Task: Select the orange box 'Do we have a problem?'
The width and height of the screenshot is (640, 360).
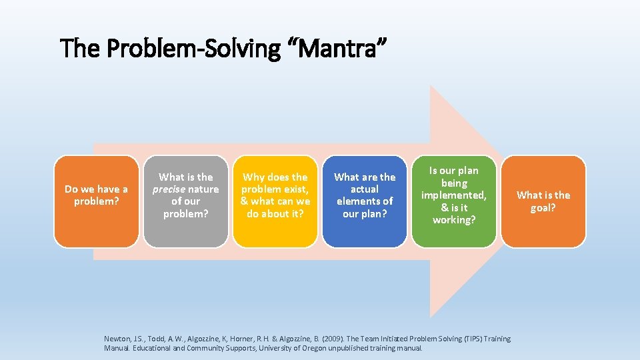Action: [96, 201]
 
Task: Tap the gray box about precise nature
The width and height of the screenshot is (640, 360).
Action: [185, 201]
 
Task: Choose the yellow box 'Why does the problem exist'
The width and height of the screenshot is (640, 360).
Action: [275, 201]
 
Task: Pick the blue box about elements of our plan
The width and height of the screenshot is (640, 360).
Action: [365, 201]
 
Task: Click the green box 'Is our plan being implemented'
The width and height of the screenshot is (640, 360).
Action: [454, 201]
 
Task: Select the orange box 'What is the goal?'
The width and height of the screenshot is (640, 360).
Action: [543, 201]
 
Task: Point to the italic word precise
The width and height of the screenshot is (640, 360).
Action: [169, 189]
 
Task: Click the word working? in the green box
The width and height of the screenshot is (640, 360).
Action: [454, 219]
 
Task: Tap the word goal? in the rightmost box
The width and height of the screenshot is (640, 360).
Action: [543, 207]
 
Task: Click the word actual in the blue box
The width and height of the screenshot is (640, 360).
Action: [365, 189]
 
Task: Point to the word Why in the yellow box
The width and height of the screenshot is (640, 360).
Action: [254, 177]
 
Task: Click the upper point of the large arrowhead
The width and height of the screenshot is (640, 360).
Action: [431, 87]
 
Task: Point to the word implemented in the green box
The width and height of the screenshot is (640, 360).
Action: [453, 195]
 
